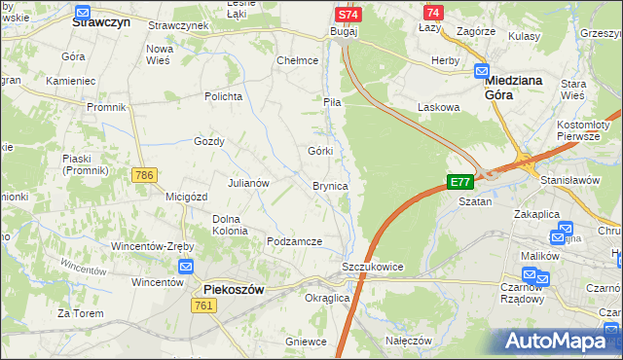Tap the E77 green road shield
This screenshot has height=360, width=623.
coord(459,182)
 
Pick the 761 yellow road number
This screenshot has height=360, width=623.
coord(204,306)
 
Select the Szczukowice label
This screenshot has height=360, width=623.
coord(372,267)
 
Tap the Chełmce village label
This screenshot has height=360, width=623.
coord(298,60)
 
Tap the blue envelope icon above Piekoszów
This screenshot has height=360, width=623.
coord(187,268)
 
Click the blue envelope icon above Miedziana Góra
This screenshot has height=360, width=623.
coord(482,71)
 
